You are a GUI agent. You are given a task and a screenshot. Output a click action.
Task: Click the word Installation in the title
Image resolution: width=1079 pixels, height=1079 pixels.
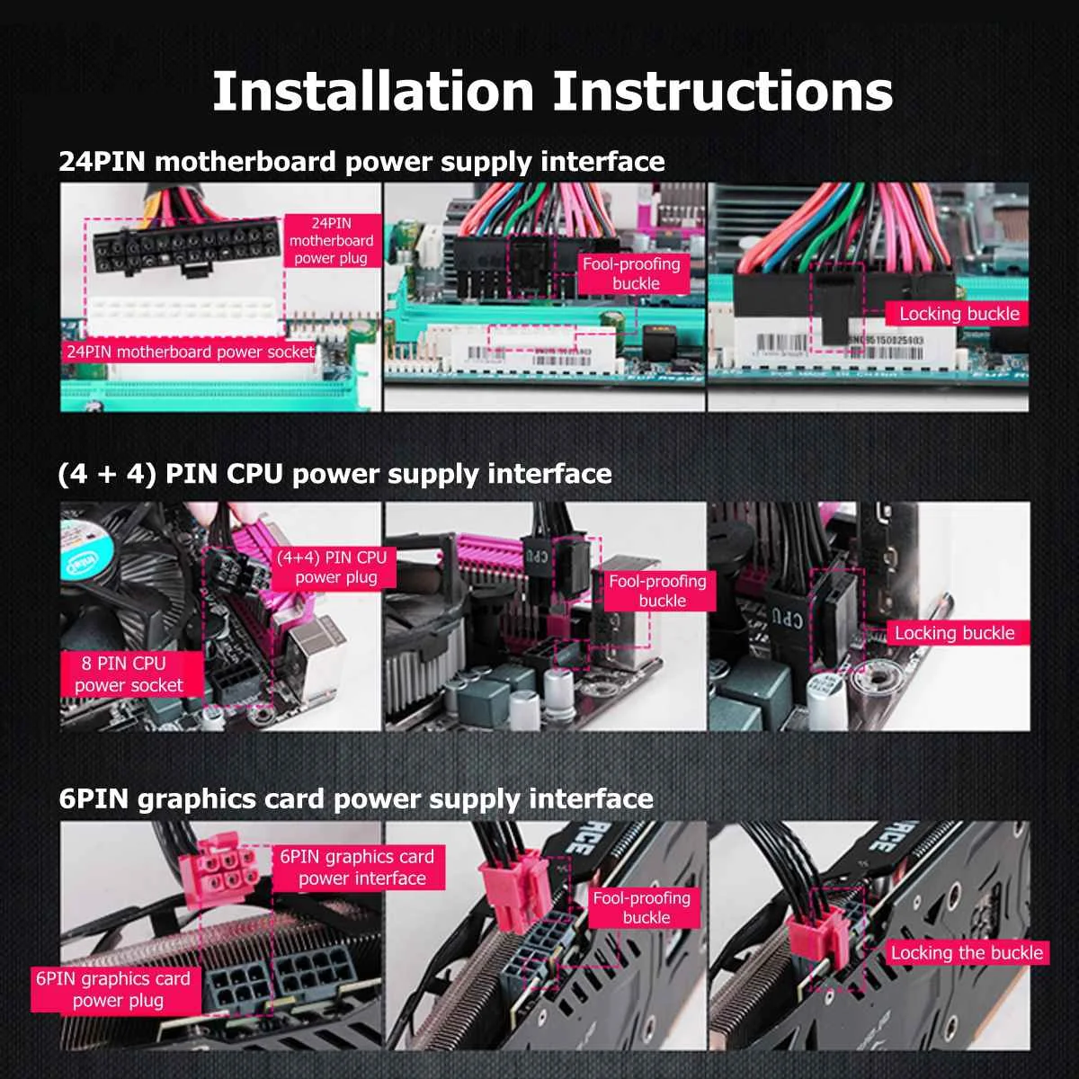click(x=372, y=91)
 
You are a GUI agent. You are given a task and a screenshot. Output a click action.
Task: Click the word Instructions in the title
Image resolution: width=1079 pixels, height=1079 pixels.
click(x=722, y=91)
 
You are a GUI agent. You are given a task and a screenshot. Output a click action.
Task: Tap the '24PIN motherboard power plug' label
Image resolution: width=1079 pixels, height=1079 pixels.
click(x=331, y=241)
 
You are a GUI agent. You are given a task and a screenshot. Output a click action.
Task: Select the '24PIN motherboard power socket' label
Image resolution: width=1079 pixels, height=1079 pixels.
click(x=191, y=352)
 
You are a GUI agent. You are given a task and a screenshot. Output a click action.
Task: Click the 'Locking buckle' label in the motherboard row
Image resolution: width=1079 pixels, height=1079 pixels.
click(x=959, y=314)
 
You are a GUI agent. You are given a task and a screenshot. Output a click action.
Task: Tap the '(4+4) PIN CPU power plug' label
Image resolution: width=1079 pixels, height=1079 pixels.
click(x=334, y=567)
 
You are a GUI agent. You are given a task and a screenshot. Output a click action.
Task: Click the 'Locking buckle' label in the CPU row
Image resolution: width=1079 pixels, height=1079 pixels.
click(x=954, y=633)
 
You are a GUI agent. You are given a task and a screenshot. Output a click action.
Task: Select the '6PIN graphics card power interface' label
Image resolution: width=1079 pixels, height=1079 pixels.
click(x=359, y=868)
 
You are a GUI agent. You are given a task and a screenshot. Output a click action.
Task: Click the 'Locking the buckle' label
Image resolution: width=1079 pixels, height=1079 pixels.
click(x=967, y=953)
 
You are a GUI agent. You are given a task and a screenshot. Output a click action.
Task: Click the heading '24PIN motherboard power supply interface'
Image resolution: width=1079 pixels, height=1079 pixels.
click(x=361, y=162)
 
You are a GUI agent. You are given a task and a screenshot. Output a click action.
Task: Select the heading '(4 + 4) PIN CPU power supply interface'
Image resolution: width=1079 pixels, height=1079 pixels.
click(x=334, y=474)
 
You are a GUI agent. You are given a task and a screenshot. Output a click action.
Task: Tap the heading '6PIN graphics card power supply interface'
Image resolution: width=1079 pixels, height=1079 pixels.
click(x=356, y=799)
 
